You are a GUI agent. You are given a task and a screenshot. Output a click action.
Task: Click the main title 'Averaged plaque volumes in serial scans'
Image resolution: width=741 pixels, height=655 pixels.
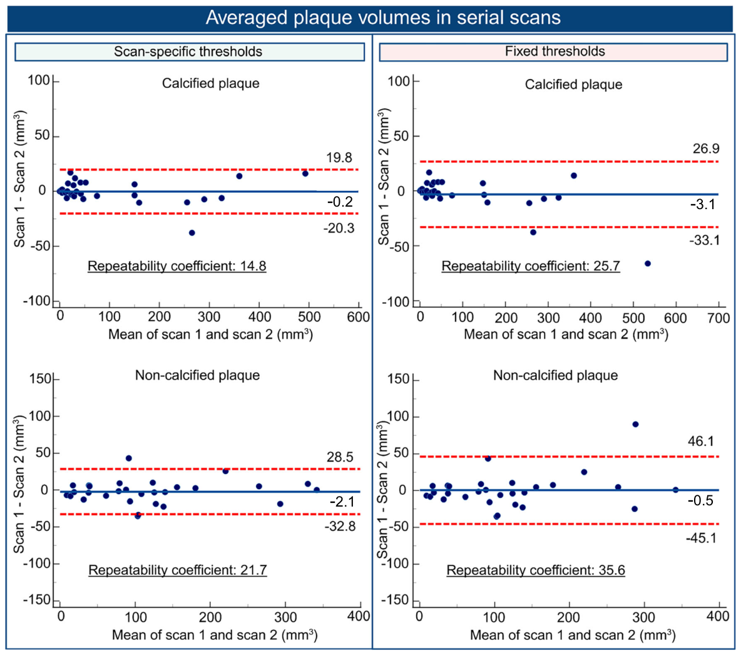[383, 18]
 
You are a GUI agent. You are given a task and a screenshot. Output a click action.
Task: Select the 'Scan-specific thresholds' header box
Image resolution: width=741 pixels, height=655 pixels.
[190, 51]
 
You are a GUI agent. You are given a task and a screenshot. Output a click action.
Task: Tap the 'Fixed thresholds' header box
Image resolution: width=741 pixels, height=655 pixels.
[553, 51]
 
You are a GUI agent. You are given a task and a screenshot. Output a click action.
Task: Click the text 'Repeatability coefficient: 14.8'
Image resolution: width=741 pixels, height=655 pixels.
[176, 266]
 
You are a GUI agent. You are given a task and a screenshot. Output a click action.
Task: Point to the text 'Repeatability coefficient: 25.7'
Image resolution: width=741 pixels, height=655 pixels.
[531, 266]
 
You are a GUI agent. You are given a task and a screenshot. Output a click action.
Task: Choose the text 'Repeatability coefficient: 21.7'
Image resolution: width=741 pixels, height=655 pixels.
[178, 570]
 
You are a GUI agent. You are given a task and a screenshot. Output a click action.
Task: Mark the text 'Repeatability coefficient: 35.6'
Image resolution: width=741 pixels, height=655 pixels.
[536, 570]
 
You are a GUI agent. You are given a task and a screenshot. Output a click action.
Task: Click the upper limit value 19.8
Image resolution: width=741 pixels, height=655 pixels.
[339, 157]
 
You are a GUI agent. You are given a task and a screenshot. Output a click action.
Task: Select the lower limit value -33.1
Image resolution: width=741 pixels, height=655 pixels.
[704, 240]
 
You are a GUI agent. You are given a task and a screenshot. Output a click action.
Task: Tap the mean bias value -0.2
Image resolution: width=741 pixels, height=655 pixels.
[340, 202]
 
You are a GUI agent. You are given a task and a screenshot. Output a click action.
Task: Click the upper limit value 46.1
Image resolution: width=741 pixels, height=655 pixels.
[701, 441]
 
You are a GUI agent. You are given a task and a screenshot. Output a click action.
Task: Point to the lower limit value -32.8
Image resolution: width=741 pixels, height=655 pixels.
[340, 526]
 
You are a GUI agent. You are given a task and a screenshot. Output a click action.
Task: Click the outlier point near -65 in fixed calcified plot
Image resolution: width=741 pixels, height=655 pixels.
[647, 264]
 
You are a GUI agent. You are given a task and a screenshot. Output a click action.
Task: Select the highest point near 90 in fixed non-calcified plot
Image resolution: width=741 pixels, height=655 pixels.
[636, 424]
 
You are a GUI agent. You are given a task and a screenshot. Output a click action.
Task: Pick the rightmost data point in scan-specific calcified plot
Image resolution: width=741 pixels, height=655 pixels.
[305, 173]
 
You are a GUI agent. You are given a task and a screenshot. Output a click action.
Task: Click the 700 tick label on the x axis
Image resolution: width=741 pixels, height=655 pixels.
[719, 318]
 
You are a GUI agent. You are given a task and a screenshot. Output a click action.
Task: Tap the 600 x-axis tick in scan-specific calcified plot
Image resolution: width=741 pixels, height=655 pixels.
[358, 316]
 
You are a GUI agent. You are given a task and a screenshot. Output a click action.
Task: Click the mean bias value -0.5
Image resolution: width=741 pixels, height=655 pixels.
[700, 501]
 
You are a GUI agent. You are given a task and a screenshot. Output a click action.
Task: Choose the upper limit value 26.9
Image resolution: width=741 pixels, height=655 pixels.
[706, 148]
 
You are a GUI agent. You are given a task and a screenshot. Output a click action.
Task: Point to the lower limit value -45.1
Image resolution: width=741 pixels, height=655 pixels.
[702, 538]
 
